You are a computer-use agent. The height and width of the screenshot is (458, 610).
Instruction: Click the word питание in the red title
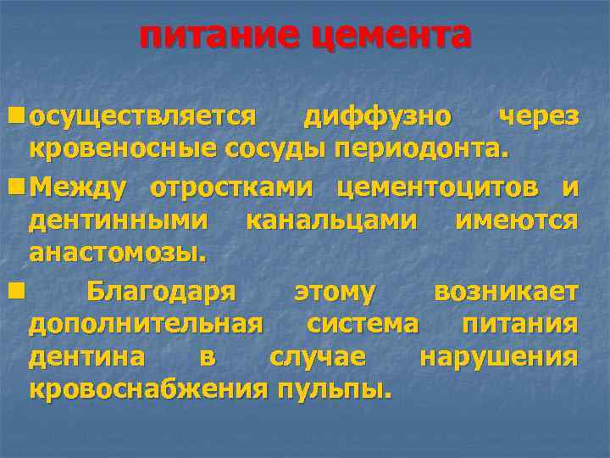click(x=219, y=36)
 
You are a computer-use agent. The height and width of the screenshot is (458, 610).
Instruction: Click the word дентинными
click(x=119, y=220)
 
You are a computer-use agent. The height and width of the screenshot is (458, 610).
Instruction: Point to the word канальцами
click(x=331, y=220)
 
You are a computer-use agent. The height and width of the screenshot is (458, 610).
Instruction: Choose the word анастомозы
click(x=118, y=252)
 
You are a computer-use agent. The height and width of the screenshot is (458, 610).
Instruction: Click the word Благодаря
click(x=160, y=292)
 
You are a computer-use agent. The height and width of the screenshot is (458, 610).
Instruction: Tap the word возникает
click(x=506, y=292)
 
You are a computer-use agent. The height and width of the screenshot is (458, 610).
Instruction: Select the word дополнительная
click(x=144, y=324)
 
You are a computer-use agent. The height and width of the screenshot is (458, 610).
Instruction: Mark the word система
click(x=363, y=324)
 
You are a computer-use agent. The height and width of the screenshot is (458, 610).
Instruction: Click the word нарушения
click(x=500, y=357)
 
